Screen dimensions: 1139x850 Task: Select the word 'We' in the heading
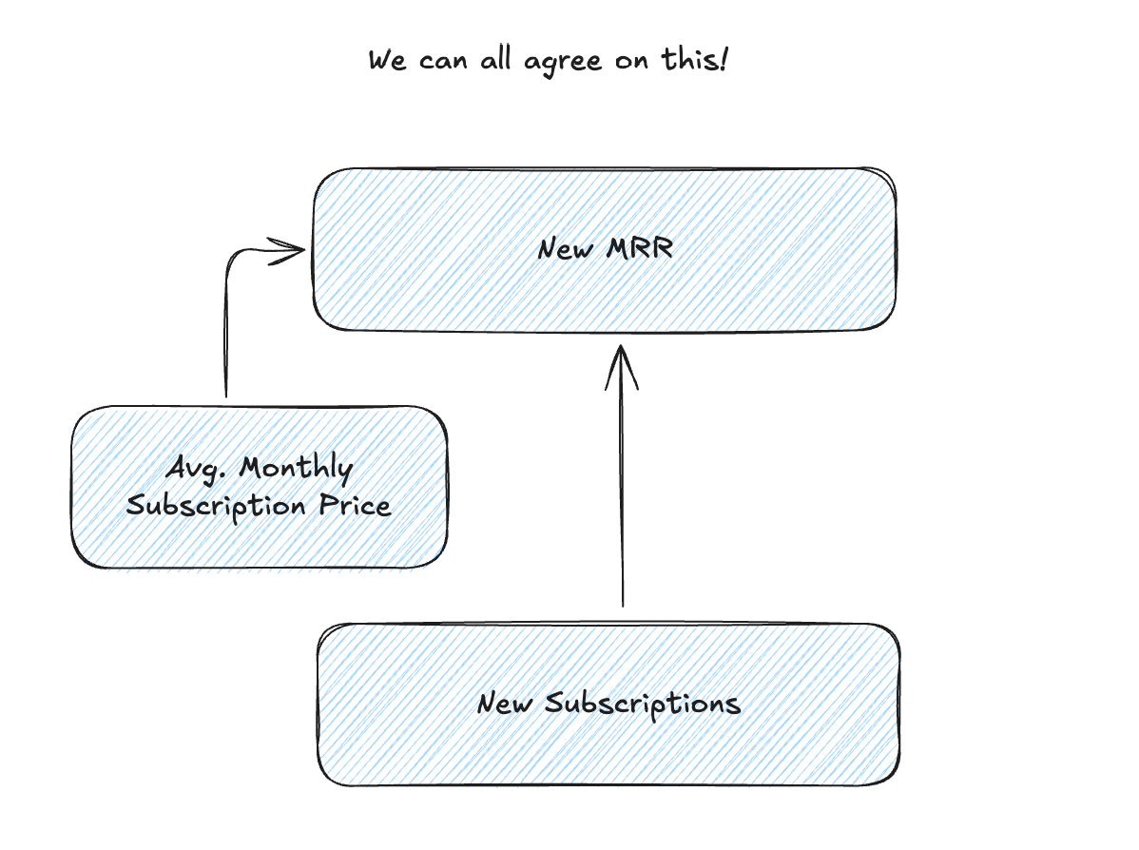point(388,61)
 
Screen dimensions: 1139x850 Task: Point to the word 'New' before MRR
point(565,249)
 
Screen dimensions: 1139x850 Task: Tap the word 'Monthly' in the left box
point(296,469)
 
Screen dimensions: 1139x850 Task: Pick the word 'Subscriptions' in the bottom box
point(643,705)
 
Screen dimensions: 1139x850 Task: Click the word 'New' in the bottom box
point(506,705)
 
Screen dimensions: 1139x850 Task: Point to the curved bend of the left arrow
point(232,259)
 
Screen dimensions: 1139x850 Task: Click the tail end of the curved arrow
point(225,394)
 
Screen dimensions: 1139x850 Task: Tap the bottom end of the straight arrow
point(623,603)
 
